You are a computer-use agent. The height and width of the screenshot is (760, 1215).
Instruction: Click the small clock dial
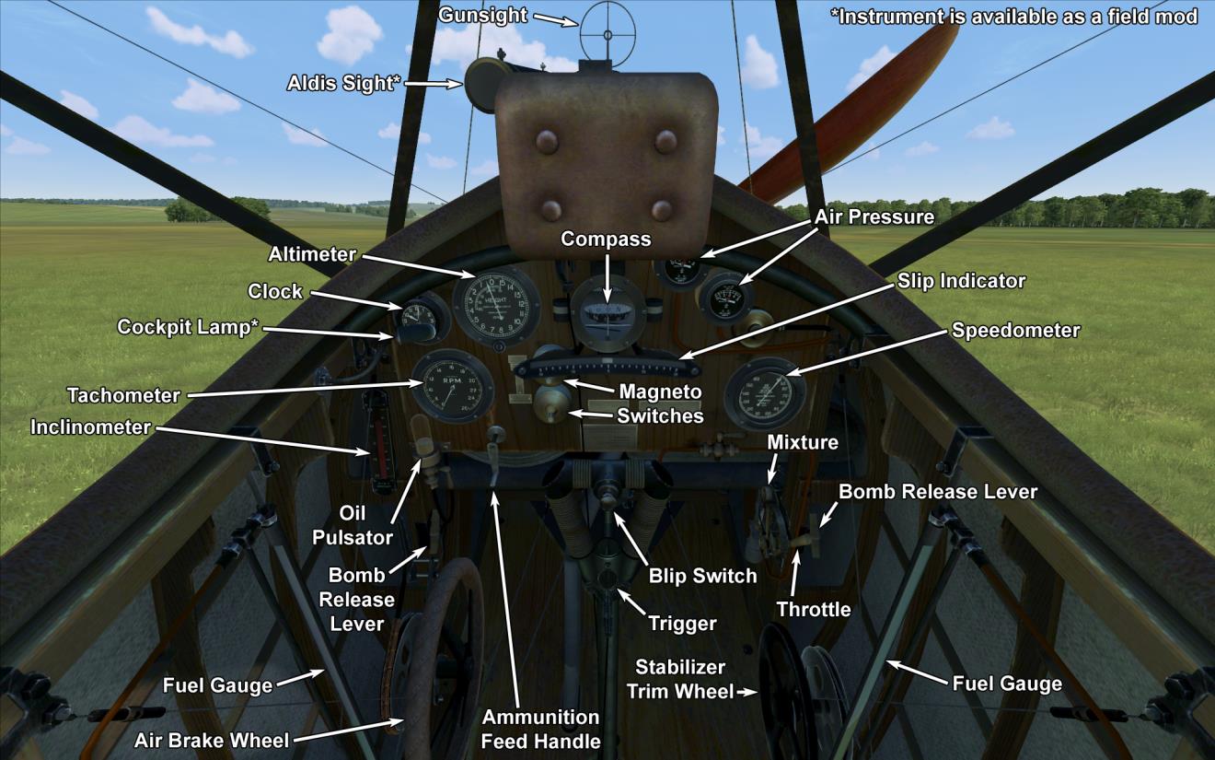pyautogui.click(x=420, y=318)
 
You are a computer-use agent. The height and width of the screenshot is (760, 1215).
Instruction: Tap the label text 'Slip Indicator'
pyautogui.click(x=961, y=281)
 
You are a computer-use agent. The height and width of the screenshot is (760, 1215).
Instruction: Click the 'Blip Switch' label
pyautogui.click(x=702, y=576)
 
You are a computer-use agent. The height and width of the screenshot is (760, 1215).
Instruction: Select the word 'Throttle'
pyautogui.click(x=814, y=609)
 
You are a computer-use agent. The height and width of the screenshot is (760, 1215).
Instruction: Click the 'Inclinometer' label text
pyautogui.click(x=90, y=427)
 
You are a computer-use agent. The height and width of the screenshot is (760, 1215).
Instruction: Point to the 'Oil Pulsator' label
pyautogui.click(x=353, y=525)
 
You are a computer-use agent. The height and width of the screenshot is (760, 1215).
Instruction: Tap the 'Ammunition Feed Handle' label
pyautogui.click(x=541, y=729)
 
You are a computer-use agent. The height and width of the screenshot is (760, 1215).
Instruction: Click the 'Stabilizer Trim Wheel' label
pyautogui.click(x=680, y=679)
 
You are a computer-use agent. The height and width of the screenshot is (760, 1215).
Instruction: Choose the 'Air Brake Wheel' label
pyautogui.click(x=212, y=740)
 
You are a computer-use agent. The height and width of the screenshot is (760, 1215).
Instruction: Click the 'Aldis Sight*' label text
pyautogui.click(x=343, y=84)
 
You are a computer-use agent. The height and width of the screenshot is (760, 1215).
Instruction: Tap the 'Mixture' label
pyautogui.click(x=803, y=442)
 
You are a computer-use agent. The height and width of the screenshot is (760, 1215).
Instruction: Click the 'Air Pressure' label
pyautogui.click(x=874, y=217)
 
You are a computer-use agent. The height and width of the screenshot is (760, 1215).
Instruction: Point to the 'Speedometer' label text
pyautogui.click(x=1015, y=330)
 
